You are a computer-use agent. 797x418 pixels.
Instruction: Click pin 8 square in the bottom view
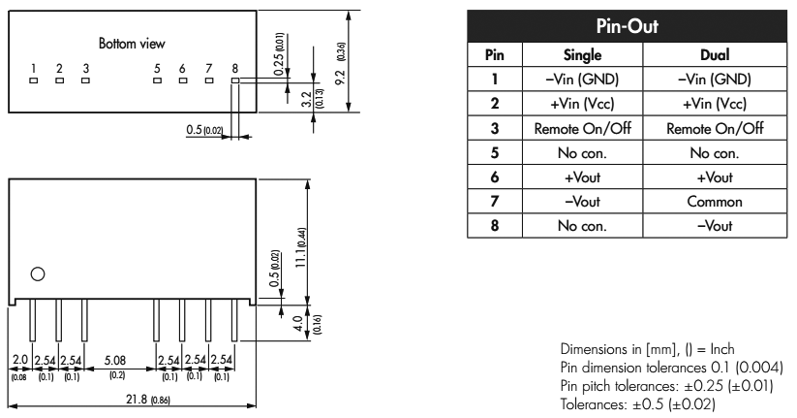(234, 81)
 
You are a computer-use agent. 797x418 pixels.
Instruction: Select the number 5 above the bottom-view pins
(157, 68)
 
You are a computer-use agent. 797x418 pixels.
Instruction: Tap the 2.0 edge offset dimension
(19, 362)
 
